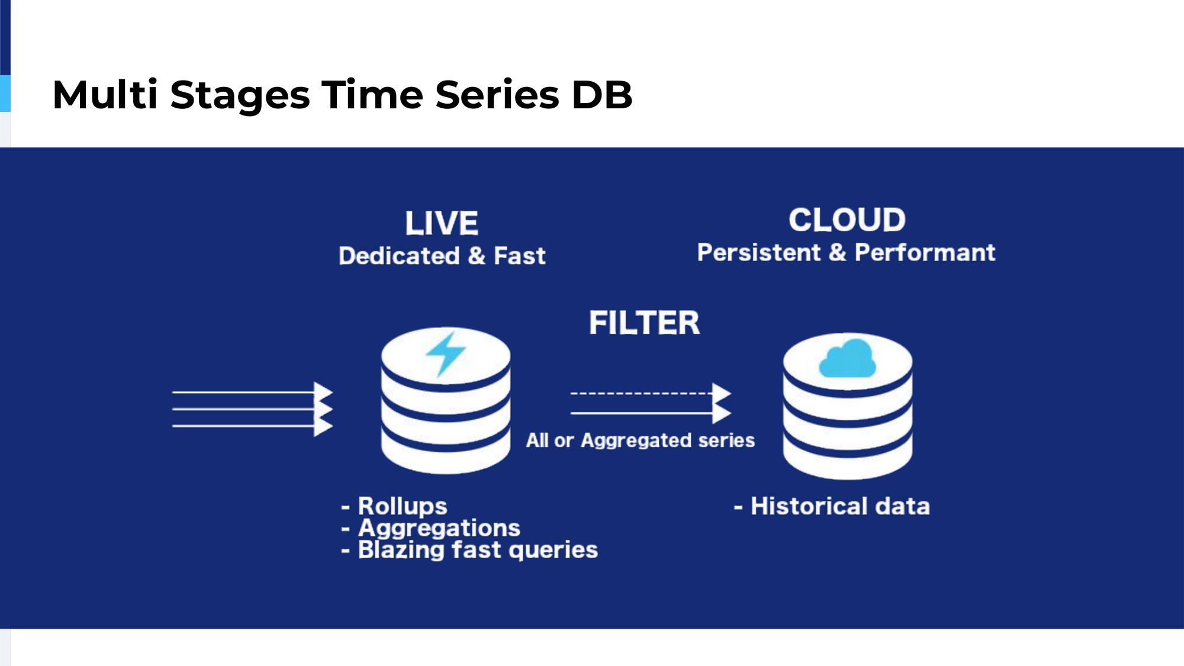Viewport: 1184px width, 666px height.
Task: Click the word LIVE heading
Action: click(442, 224)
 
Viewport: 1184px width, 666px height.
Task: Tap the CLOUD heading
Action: click(847, 220)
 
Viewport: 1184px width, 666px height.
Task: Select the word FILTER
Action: click(644, 323)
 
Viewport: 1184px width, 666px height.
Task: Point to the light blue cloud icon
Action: click(847, 358)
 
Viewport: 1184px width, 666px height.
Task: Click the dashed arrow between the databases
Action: click(651, 393)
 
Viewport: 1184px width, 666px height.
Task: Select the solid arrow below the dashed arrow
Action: click(651, 413)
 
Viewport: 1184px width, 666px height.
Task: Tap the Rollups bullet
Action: click(394, 506)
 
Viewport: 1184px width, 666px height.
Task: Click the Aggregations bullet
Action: click(430, 528)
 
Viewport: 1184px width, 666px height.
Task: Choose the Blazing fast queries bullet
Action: click(469, 550)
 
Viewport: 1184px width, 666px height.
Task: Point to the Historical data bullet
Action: click(832, 507)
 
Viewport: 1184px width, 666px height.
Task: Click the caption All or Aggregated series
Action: click(641, 440)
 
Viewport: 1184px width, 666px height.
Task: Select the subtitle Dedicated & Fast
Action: click(442, 256)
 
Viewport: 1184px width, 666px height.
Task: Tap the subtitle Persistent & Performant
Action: click(847, 253)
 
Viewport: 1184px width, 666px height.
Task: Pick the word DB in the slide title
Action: click(602, 95)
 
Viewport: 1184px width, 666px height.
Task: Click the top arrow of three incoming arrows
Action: click(253, 392)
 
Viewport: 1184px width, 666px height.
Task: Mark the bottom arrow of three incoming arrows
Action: click(253, 426)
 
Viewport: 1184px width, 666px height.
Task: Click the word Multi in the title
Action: click(105, 94)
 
